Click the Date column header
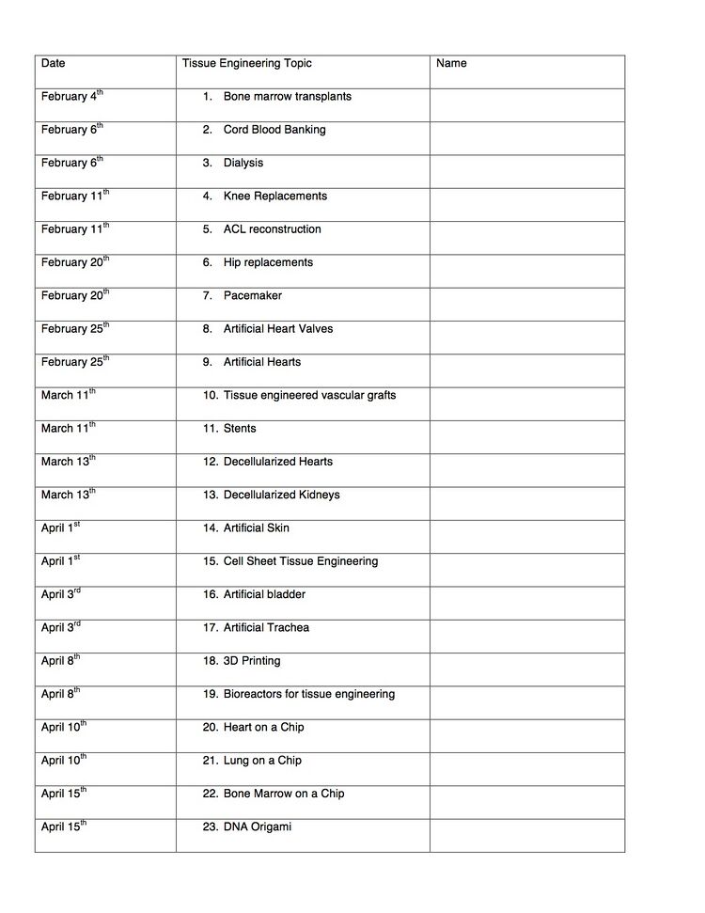coord(54,64)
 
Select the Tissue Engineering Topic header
coord(246,64)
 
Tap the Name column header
coord(451,64)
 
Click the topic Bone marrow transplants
coord(287,97)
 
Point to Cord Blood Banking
coord(274,130)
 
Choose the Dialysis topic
coord(243,163)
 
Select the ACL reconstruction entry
coord(272,229)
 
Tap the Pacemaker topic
coord(252,295)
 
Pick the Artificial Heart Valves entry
coord(277,329)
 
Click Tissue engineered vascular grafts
coord(309,395)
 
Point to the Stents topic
coord(240,429)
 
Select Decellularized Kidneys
coord(281,495)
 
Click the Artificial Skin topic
coord(256,528)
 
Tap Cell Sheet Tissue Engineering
coord(300,561)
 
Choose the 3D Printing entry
coord(252,661)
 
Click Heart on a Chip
coord(263,727)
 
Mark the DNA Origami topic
coord(257,826)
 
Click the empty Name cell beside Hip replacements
coord(527,271)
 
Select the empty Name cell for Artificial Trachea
coord(527,636)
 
